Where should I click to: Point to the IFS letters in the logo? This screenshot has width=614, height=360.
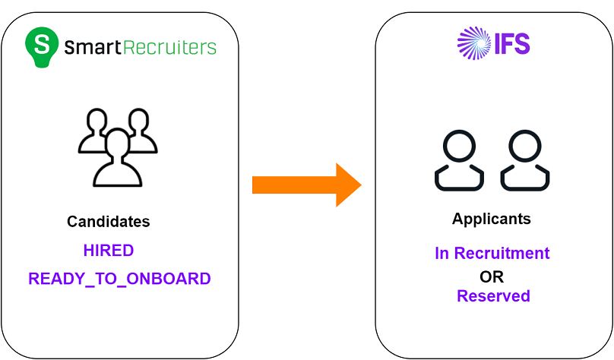coord(512,43)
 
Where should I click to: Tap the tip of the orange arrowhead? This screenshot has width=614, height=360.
coord(360,184)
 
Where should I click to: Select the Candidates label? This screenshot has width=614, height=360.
coord(109,222)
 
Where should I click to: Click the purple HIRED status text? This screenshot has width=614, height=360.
coord(109,250)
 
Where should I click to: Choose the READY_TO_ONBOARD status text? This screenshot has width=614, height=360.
coord(119,279)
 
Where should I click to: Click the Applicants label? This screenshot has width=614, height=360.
coord(492,219)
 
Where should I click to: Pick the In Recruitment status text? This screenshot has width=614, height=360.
coord(492,254)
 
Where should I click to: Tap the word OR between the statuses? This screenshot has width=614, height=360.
coord(492,276)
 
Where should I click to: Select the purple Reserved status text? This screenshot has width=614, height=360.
coord(493,295)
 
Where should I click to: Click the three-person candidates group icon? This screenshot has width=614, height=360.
coord(118,148)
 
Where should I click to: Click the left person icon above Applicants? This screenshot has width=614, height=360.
coord(459,161)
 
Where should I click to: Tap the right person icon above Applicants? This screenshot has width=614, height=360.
coord(525,161)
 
